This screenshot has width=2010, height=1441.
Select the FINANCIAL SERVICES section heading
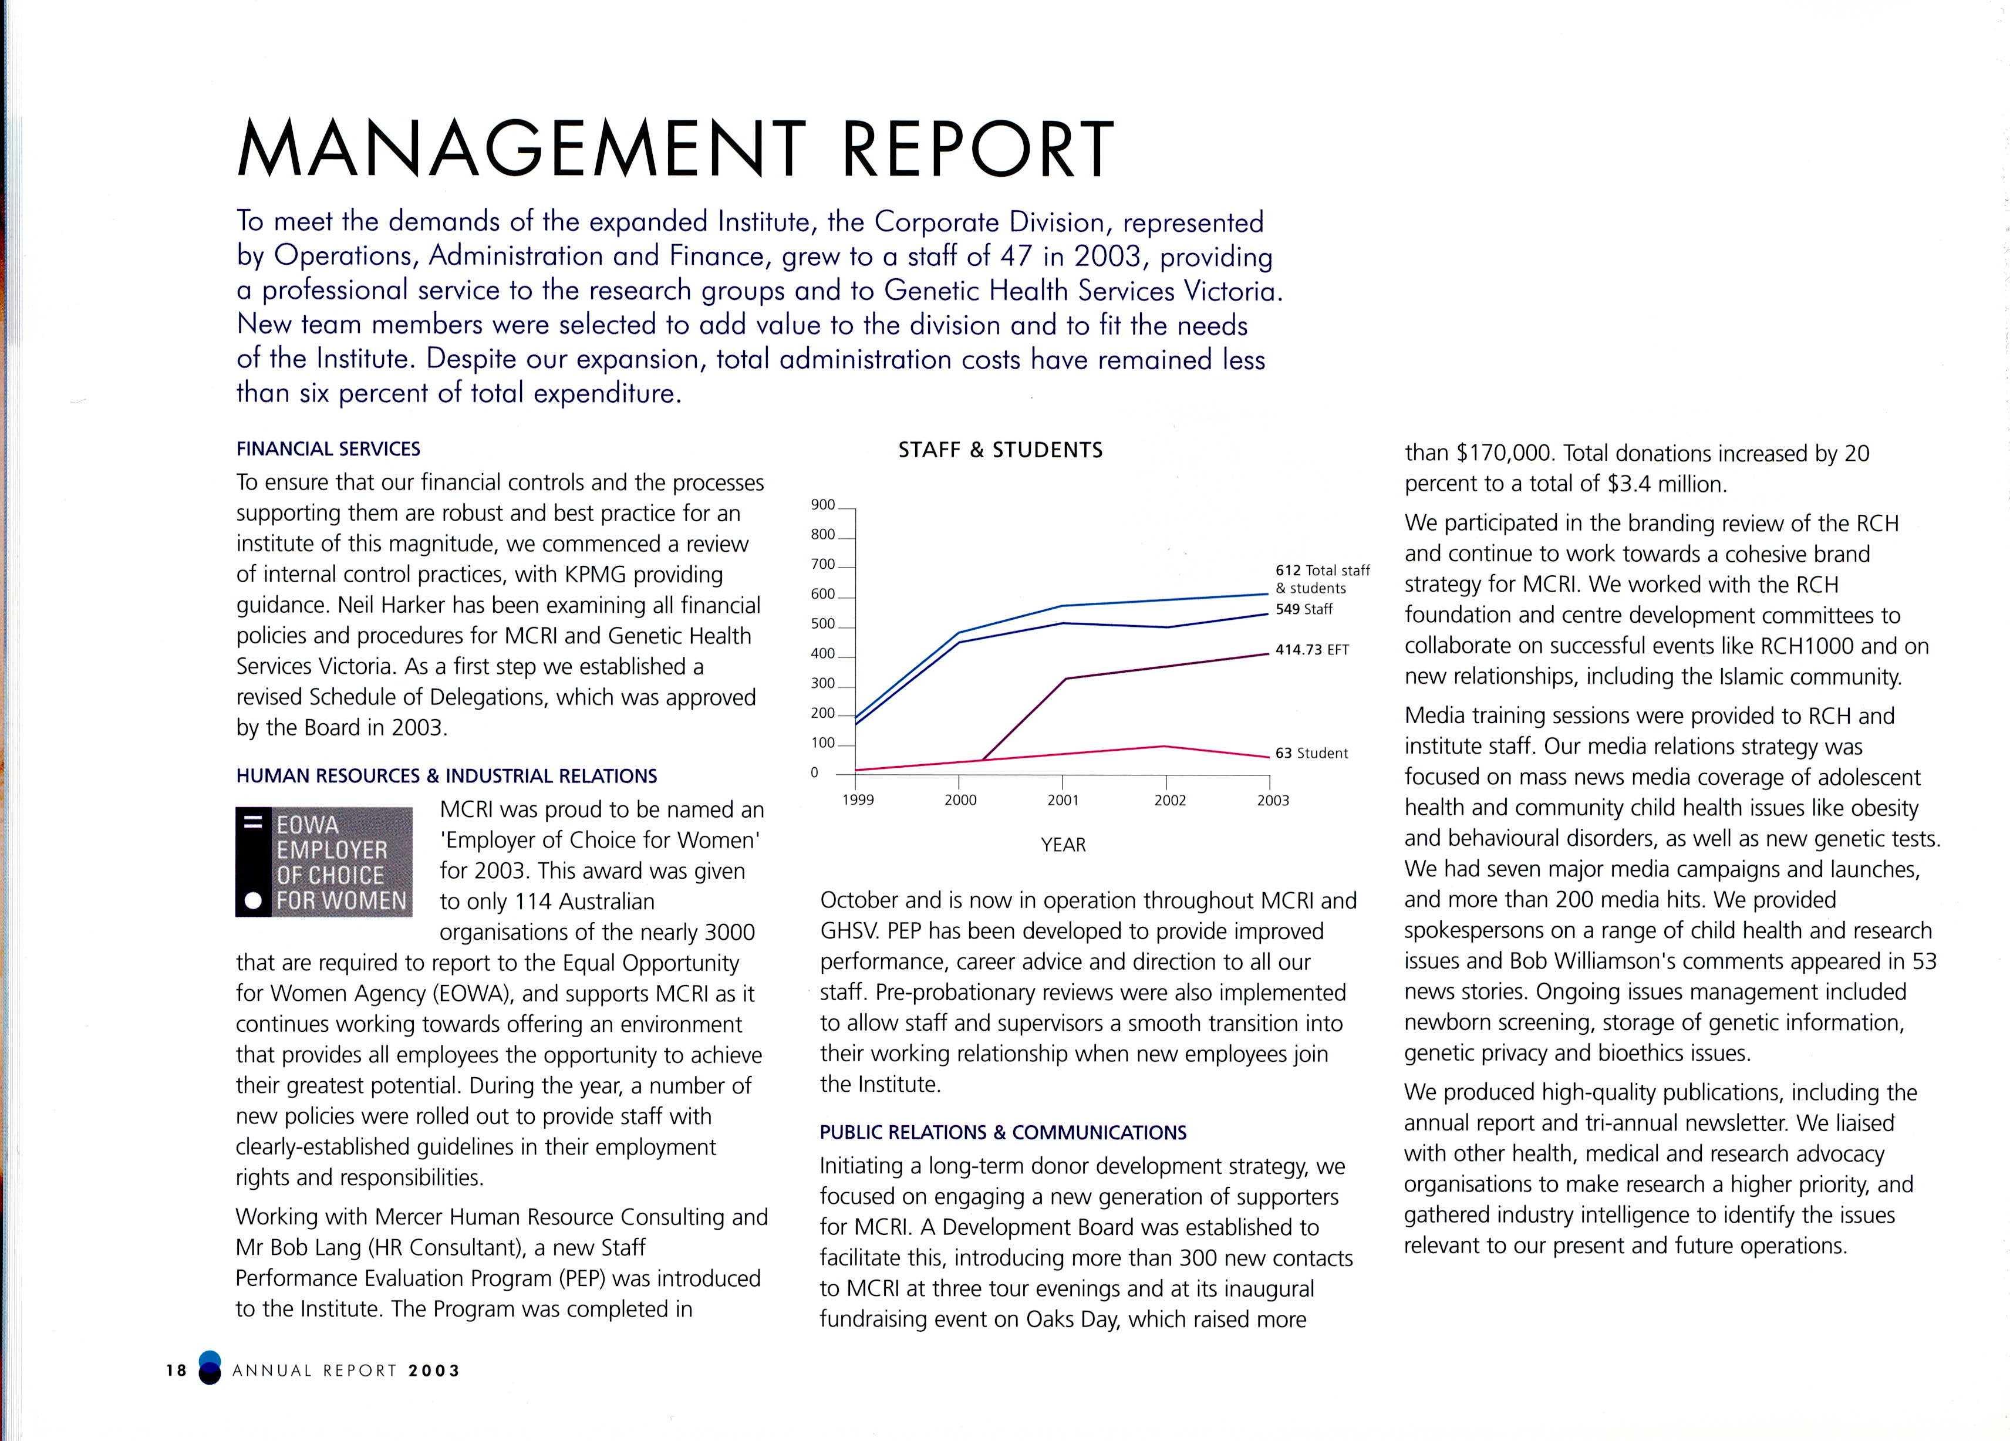328,449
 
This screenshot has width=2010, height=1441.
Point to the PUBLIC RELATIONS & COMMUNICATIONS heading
1002,1133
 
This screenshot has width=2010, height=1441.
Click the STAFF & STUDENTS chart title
1000,450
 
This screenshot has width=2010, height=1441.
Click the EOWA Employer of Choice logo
323,862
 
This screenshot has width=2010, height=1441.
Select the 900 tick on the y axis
822,505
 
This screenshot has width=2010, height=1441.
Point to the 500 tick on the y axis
822,624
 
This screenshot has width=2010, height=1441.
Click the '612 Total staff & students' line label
1322,579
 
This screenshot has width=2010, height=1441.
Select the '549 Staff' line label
1304,610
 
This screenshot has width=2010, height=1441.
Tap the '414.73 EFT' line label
1311,650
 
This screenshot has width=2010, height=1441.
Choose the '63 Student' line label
1311,753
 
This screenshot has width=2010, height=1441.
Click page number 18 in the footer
176,1370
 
